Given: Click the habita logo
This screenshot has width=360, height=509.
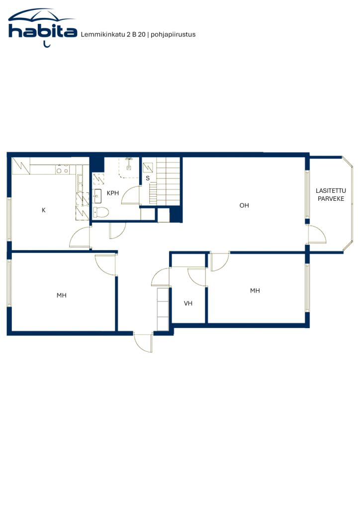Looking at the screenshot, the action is pyautogui.click(x=43, y=28).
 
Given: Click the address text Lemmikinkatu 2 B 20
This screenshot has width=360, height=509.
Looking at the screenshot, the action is pyautogui.click(x=113, y=34).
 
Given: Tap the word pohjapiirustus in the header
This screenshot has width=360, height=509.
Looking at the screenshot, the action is pyautogui.click(x=173, y=35).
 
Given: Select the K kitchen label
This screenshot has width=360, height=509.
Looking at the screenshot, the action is pyautogui.click(x=43, y=210).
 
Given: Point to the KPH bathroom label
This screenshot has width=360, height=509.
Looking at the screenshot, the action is pyautogui.click(x=113, y=193).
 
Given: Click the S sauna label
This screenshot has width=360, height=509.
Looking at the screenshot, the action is pyautogui.click(x=148, y=178).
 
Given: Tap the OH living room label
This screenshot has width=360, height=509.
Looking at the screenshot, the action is pyautogui.click(x=244, y=205).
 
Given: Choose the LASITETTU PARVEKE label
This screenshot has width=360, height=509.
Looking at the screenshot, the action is pyautogui.click(x=331, y=195).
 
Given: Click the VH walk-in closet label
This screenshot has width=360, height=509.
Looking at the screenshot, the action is pyautogui.click(x=188, y=303).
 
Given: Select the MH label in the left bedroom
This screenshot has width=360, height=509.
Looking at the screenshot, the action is pyautogui.click(x=61, y=295).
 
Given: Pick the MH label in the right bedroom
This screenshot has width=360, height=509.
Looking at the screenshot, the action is pyautogui.click(x=255, y=290).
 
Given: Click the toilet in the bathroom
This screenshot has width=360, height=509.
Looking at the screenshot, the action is pyautogui.click(x=100, y=212).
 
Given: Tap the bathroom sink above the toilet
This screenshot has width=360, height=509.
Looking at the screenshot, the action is pyautogui.click(x=97, y=196).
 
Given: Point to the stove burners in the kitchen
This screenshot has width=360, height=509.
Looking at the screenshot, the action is pyautogui.click(x=62, y=169).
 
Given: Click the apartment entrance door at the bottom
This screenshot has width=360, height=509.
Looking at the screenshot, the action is pyautogui.click(x=144, y=342).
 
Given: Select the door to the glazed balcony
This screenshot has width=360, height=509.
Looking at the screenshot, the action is pyautogui.click(x=317, y=234).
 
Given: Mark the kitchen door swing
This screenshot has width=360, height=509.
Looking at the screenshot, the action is pyautogui.click(x=80, y=237).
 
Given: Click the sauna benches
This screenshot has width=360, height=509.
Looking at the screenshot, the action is pyautogui.click(x=166, y=181).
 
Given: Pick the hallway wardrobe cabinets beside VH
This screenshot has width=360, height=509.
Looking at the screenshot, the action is pyautogui.click(x=163, y=309).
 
